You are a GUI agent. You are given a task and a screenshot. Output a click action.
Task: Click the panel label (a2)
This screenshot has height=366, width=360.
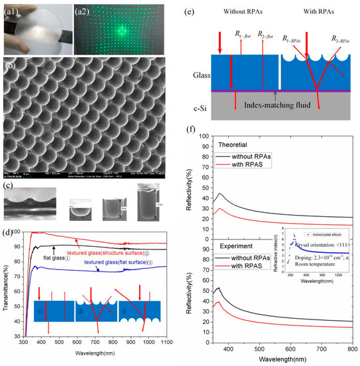(x=81, y=7)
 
